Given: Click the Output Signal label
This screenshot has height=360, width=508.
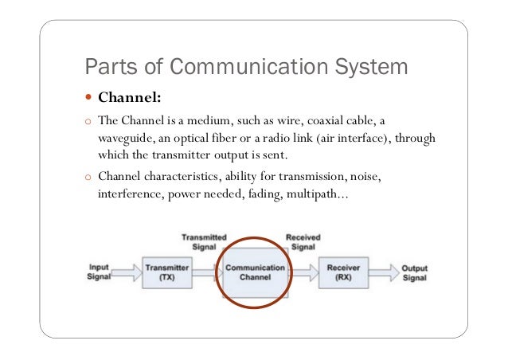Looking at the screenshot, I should pyautogui.click(x=413, y=273).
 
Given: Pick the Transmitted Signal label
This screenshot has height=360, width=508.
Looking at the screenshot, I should pyautogui.click(x=204, y=241).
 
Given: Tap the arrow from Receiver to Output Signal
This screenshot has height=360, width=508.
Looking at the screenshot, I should pyautogui.click(x=384, y=273).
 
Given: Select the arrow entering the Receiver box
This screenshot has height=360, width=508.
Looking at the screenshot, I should pyautogui.click(x=304, y=273).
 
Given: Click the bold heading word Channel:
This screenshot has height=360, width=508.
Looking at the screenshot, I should pyautogui.click(x=130, y=99).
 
